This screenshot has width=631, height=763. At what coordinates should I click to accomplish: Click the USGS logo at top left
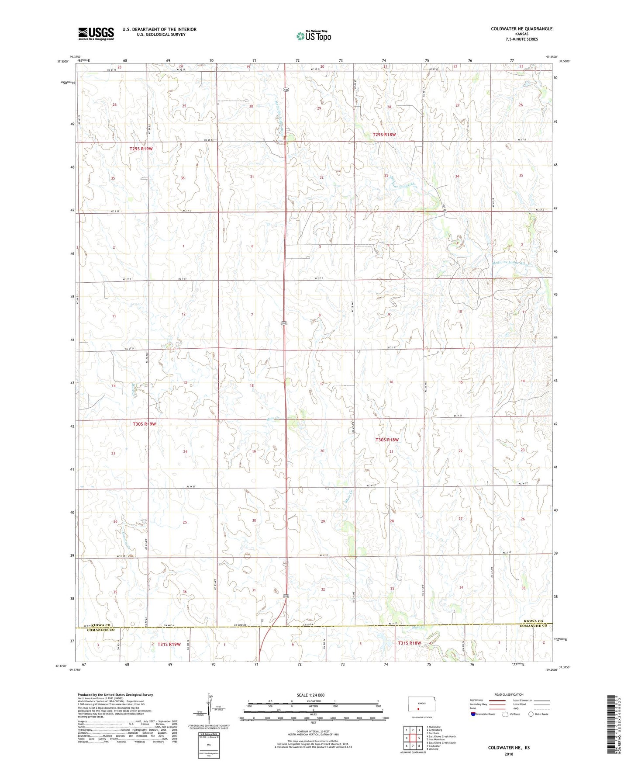96,34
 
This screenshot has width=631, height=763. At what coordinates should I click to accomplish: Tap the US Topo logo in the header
314,36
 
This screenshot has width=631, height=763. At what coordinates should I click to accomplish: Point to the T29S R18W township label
381,135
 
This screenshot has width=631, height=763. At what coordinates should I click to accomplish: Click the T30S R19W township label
144,424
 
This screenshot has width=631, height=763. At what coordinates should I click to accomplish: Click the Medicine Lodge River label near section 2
511,264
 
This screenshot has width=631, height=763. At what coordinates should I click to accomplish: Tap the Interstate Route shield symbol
473,714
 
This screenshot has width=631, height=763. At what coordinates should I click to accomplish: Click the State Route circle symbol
531,714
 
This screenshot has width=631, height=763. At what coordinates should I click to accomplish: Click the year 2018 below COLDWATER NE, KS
508,754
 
